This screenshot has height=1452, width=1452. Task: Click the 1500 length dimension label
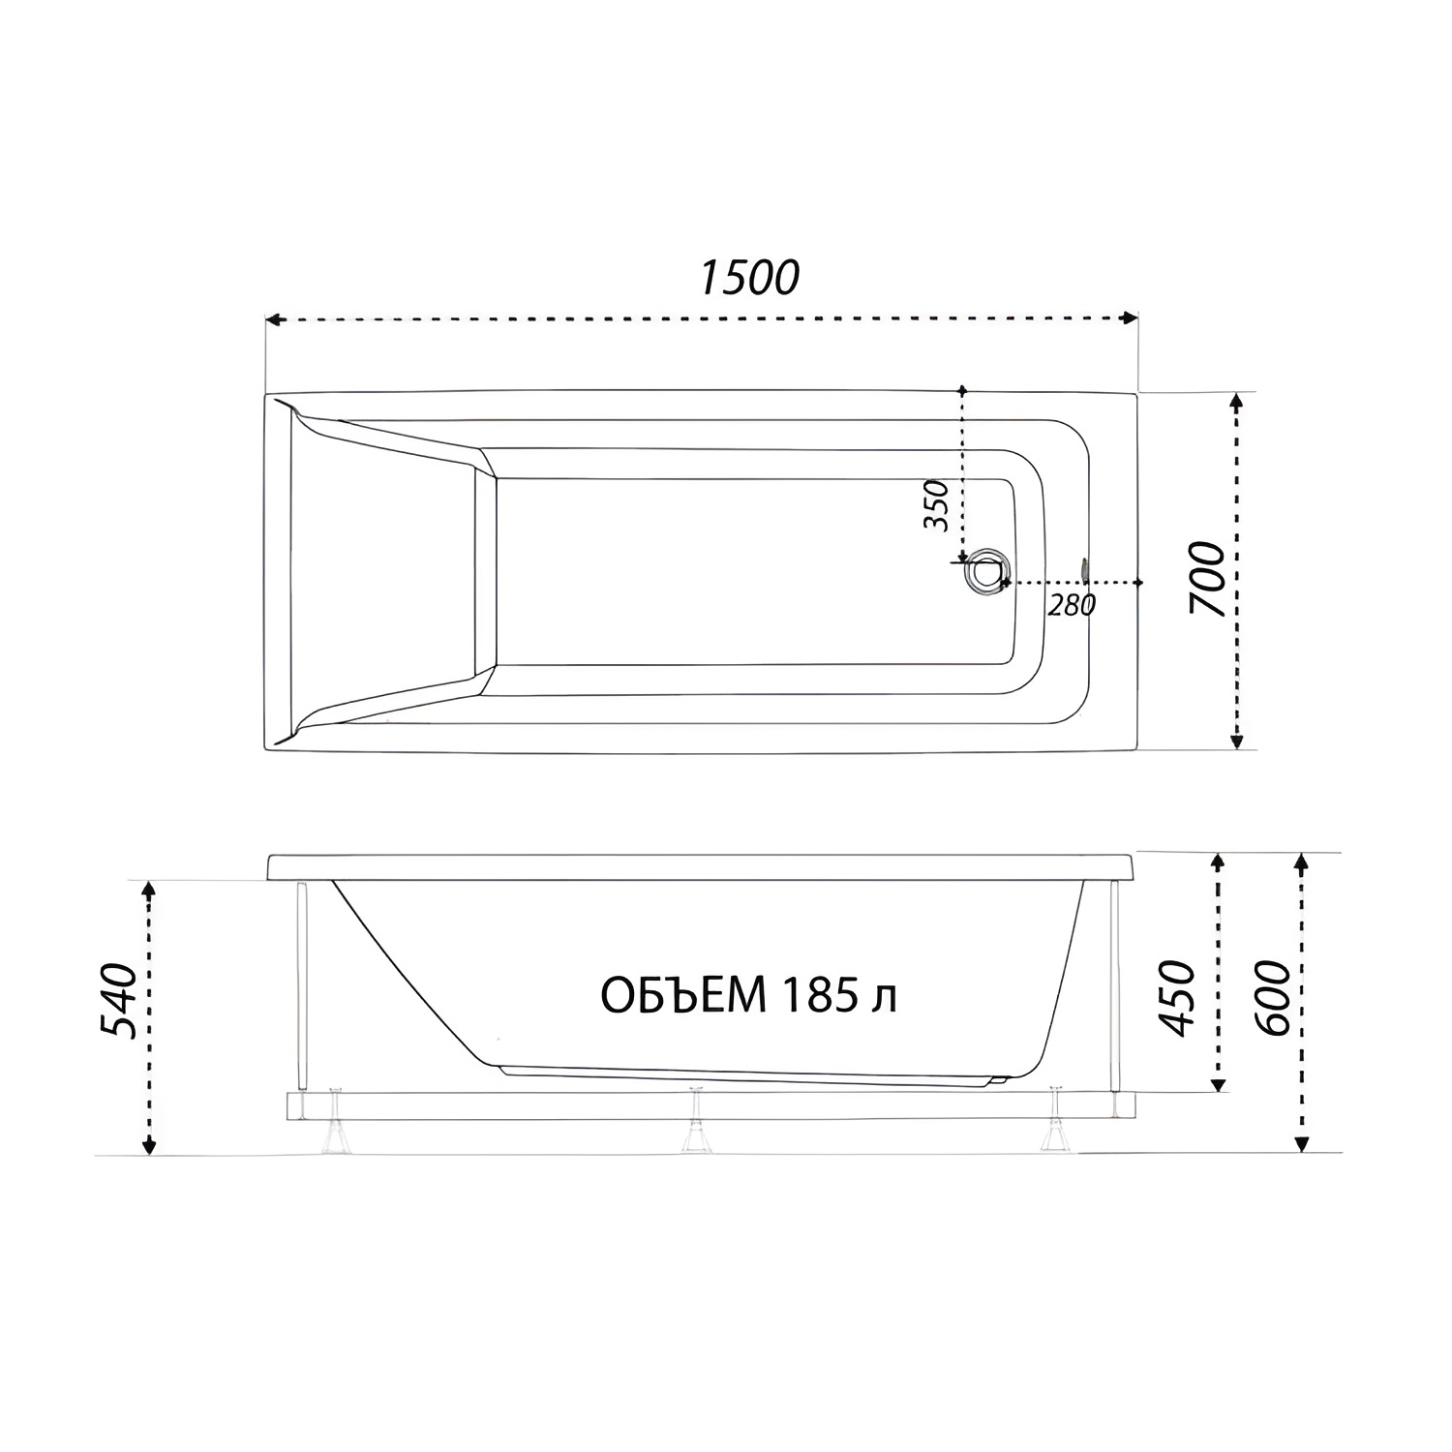point(749,278)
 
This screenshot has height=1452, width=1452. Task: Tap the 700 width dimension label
point(1208,580)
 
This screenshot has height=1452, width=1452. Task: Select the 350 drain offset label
point(936,504)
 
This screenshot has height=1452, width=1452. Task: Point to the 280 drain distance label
point(1072,606)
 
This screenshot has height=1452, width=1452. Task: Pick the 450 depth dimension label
point(1178,998)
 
